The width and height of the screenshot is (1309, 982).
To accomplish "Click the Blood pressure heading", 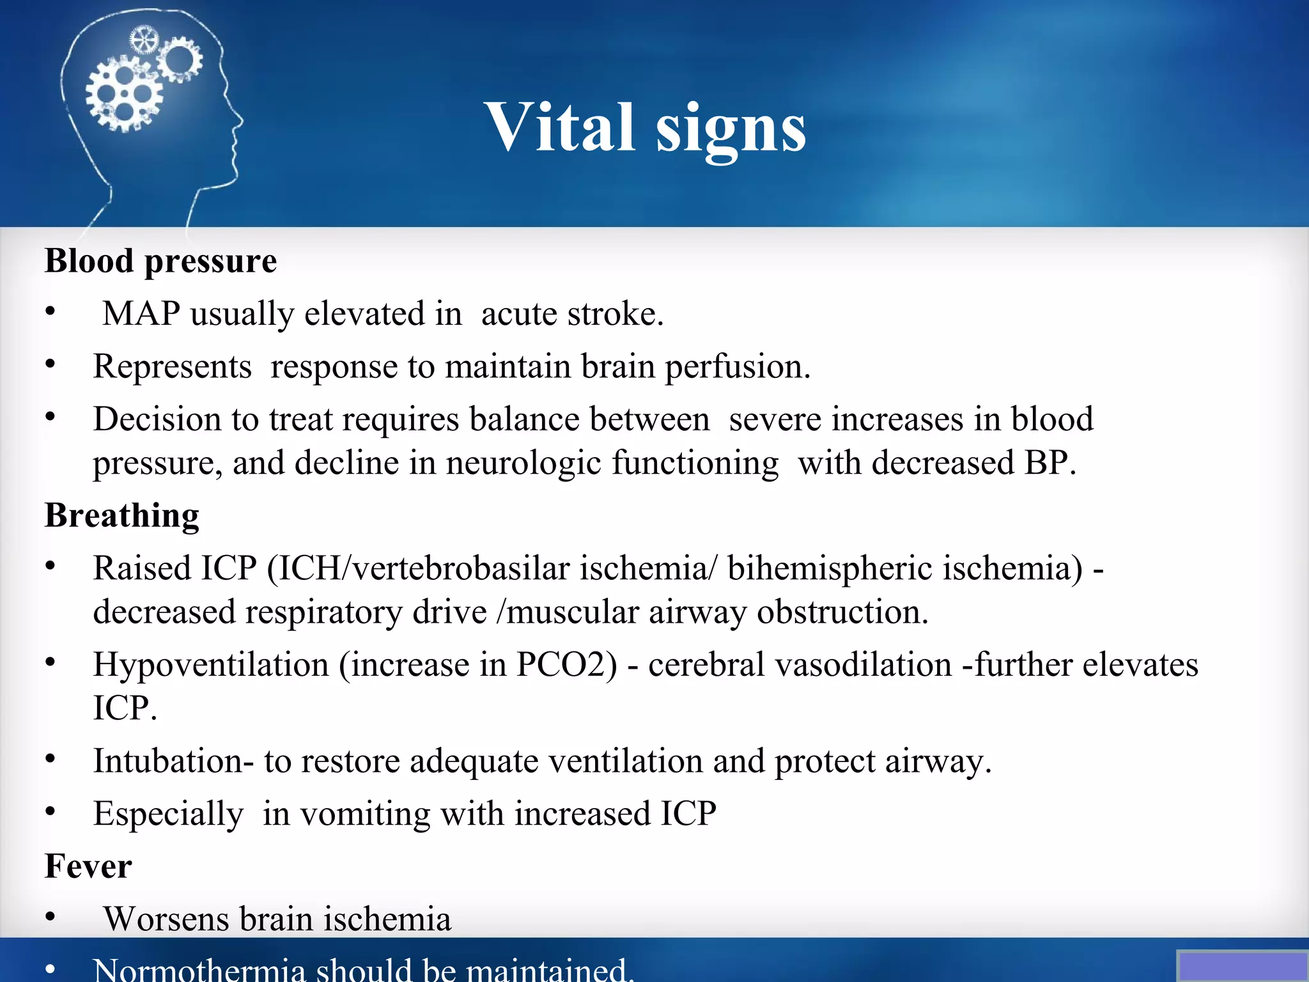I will [160, 261].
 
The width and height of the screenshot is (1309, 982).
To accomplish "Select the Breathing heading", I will [121, 515].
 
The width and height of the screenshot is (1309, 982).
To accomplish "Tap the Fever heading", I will [88, 866].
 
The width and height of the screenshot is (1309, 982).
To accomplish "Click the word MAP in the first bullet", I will [141, 314].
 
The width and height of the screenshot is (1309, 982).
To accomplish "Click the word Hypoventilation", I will [211, 664].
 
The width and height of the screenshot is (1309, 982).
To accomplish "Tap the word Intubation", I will [168, 761].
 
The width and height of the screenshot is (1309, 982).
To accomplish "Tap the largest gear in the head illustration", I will [124, 94].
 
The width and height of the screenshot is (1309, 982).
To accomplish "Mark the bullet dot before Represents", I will [50, 364].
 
